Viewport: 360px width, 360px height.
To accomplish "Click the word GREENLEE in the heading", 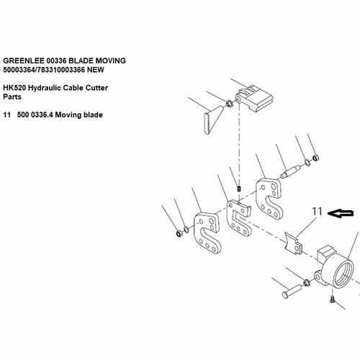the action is pos(23,60).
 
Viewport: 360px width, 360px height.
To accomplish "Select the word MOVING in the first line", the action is pos(111,60).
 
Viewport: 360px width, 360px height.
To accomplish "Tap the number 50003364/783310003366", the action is pos(44,70).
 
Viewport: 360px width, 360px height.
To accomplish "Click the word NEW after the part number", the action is pos(96,70).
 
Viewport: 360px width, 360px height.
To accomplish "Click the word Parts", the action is pos(12,97).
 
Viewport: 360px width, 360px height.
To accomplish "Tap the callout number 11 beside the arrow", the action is pos(317,212).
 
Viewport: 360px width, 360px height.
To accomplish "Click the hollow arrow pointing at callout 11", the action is pos(341,213).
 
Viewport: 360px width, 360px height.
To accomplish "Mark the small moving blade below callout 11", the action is pos(293,243).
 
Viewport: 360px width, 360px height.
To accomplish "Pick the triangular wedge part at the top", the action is pos(213,120).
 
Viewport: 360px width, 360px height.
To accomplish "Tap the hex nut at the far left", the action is pos(179,233).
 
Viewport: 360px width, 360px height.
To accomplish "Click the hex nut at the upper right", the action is pos(316,158).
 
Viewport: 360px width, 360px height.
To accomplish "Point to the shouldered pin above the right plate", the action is pos(291,172).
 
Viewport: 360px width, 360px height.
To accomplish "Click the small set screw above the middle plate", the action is pos(239,189).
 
